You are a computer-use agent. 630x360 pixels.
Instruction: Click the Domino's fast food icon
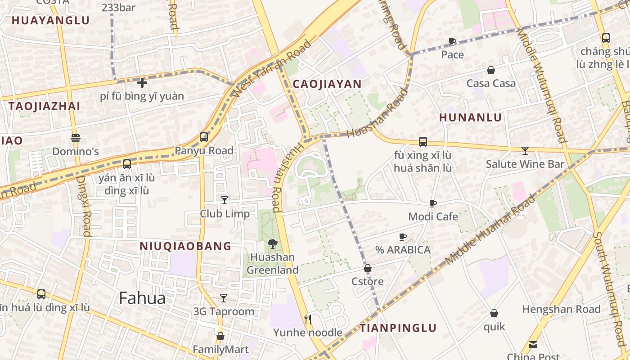pyautogui.click(x=75, y=138)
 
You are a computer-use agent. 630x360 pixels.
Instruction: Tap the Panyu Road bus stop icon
pyautogui.click(x=204, y=137)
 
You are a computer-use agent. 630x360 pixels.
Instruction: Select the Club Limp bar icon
pyautogui.click(x=225, y=200)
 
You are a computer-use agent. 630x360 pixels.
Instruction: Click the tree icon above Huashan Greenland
pyautogui.click(x=272, y=244)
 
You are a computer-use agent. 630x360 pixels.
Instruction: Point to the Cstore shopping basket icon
pyautogui.click(x=368, y=268)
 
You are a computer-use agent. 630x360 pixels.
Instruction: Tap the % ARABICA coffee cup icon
pyautogui.click(x=403, y=237)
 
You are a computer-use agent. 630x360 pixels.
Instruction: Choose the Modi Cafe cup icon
pyautogui.click(x=433, y=203)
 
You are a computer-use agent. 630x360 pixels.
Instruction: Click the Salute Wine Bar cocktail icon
pyautogui.click(x=525, y=150)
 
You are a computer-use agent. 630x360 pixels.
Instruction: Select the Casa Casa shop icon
pyautogui.click(x=491, y=70)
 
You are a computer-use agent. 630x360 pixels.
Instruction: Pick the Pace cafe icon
pyautogui.click(x=452, y=41)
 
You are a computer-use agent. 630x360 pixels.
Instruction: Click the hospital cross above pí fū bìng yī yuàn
pyautogui.click(x=142, y=83)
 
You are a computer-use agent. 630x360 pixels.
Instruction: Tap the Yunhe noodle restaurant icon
pyautogui.click(x=308, y=319)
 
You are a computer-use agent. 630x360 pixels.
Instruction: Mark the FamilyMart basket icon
pyautogui.click(x=220, y=336)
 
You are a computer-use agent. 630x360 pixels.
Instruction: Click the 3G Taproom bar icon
pyautogui.click(x=224, y=298)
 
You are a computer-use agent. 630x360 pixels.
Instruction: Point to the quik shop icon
pyautogui.click(x=494, y=313)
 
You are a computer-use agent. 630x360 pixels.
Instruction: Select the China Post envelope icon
pyautogui.click(x=533, y=345)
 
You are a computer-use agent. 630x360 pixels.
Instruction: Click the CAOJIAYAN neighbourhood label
pyautogui.click(x=327, y=84)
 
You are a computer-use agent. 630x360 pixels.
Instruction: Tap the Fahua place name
pyautogui.click(x=142, y=298)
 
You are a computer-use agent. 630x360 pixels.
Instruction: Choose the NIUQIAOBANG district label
pyautogui.click(x=185, y=246)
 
